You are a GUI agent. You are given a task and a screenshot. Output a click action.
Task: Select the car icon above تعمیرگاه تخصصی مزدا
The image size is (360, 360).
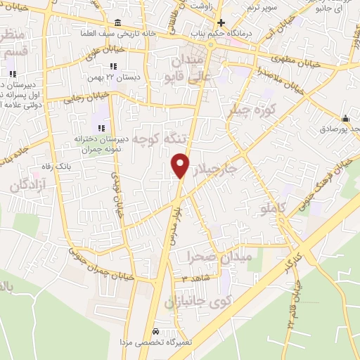click(156, 331)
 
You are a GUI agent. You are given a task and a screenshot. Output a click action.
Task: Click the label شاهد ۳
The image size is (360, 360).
click(194, 279)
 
